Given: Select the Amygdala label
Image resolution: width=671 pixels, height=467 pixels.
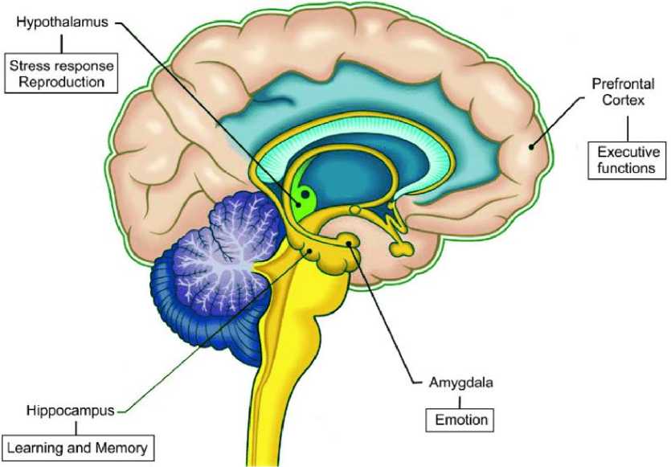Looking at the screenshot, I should (x=446, y=382).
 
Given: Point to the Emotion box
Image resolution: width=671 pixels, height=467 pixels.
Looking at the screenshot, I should (x=456, y=419).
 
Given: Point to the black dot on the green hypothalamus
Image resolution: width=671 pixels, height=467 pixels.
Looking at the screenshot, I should (x=305, y=194).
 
